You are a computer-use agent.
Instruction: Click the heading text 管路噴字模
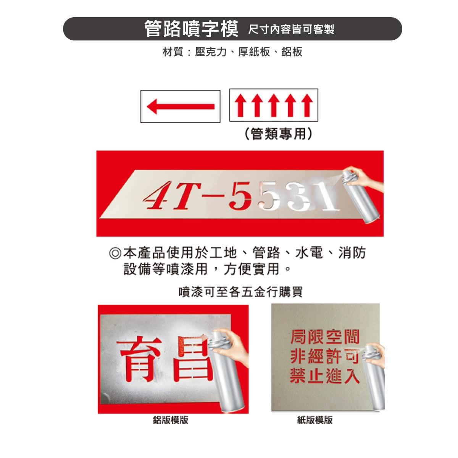[191, 29]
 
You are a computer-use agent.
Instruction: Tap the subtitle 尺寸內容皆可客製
[291, 29]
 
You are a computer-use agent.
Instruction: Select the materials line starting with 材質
[232, 52]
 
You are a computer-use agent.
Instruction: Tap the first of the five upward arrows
[240, 105]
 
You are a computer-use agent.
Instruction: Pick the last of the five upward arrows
[307, 105]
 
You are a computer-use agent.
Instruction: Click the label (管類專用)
[278, 134]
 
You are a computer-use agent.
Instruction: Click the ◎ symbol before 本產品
[115, 253]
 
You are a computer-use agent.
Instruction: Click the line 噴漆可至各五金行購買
[240, 292]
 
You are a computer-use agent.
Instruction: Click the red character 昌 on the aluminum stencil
[191, 359]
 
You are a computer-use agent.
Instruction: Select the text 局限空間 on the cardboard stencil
[325, 337]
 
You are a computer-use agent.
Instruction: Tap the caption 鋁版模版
[171, 420]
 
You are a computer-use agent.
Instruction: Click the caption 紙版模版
[315, 420]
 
